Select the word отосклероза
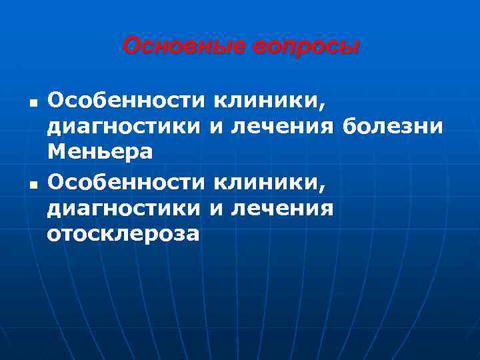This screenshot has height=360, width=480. (x=123, y=235)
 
